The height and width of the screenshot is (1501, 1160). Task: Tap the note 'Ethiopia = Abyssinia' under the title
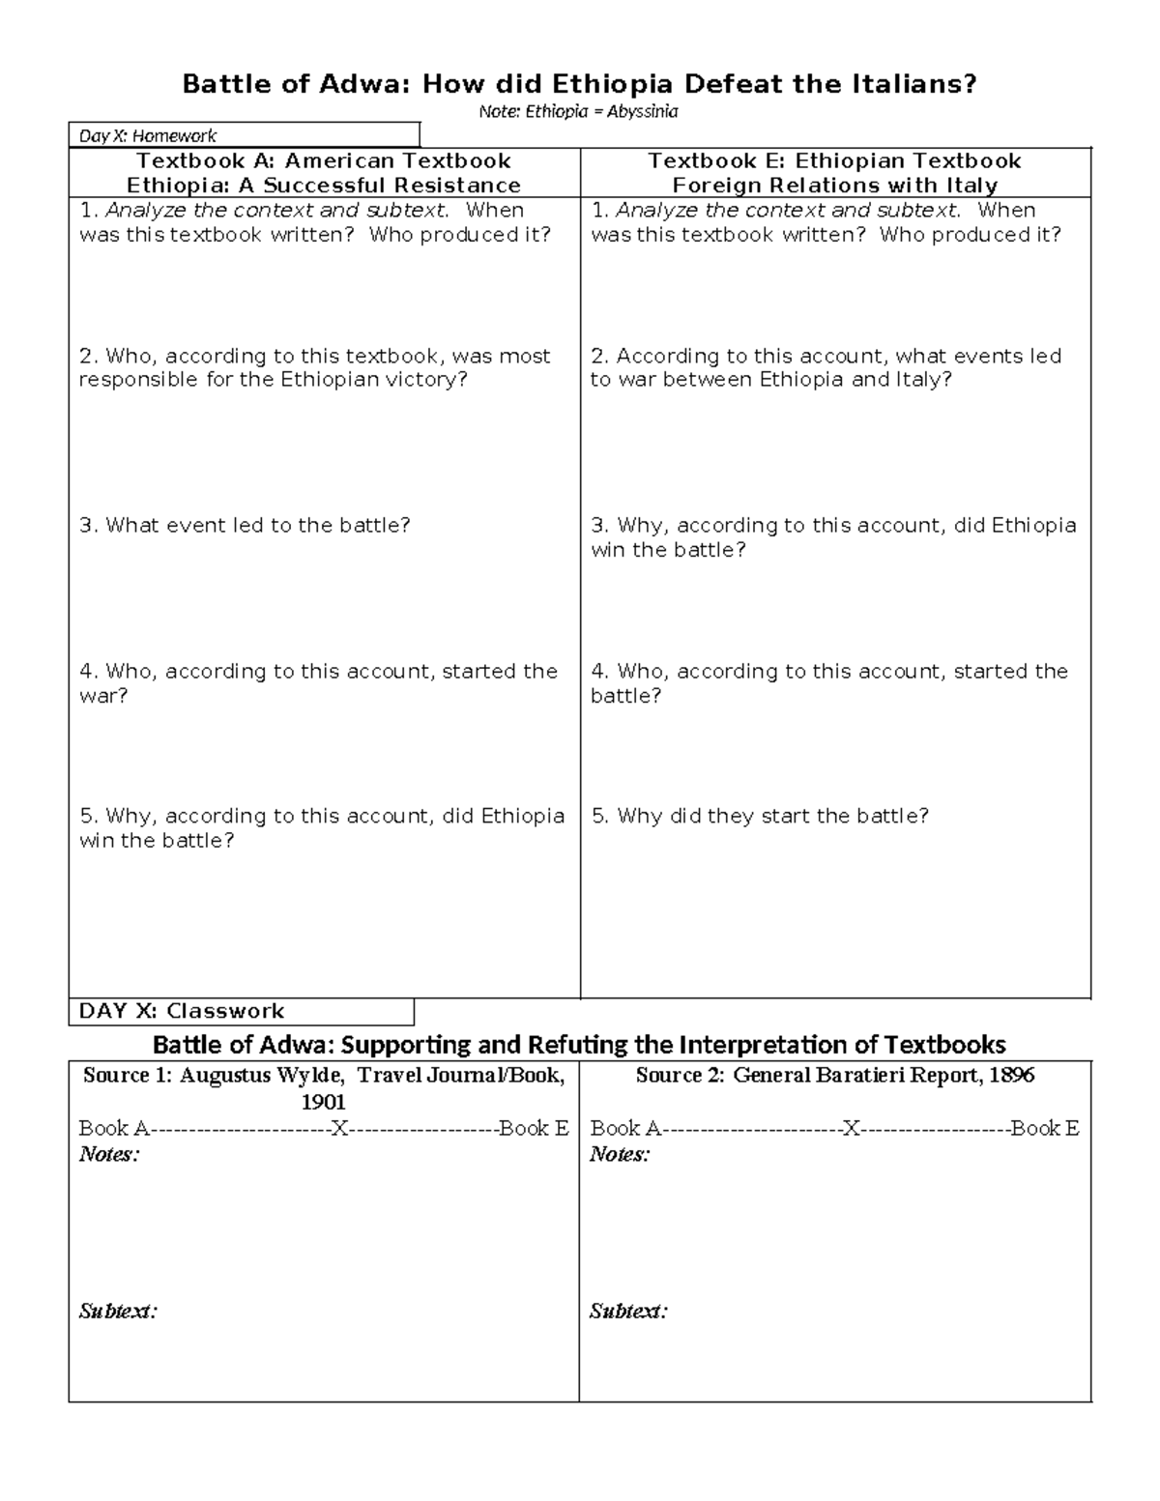pyautogui.click(x=578, y=111)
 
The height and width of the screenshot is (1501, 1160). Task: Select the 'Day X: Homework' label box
pyautogui.click(x=244, y=135)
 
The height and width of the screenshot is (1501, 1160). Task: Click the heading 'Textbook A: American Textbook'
pyautogui.click(x=324, y=160)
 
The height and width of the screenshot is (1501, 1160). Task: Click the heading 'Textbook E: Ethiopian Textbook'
pyautogui.click(x=835, y=160)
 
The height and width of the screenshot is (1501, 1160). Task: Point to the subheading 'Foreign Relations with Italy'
pyautogui.click(x=835, y=186)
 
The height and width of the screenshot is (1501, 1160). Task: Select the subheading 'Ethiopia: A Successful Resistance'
pyautogui.click(x=324, y=186)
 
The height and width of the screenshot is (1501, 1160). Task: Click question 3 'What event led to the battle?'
pyautogui.click(x=245, y=526)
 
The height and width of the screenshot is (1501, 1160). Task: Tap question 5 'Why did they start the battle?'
pyautogui.click(x=760, y=816)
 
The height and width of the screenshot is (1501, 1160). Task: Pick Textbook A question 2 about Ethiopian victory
pyautogui.click(x=315, y=367)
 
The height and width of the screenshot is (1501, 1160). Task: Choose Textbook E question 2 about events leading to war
pyautogui.click(x=826, y=367)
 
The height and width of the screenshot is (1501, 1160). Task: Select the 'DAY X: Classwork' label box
pyautogui.click(x=241, y=1011)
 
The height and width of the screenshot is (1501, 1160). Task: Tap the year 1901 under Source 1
pyautogui.click(x=324, y=1102)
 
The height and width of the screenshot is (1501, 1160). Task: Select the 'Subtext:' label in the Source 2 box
pyautogui.click(x=628, y=1312)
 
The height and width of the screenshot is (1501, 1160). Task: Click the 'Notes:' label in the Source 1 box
pyautogui.click(x=109, y=1154)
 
